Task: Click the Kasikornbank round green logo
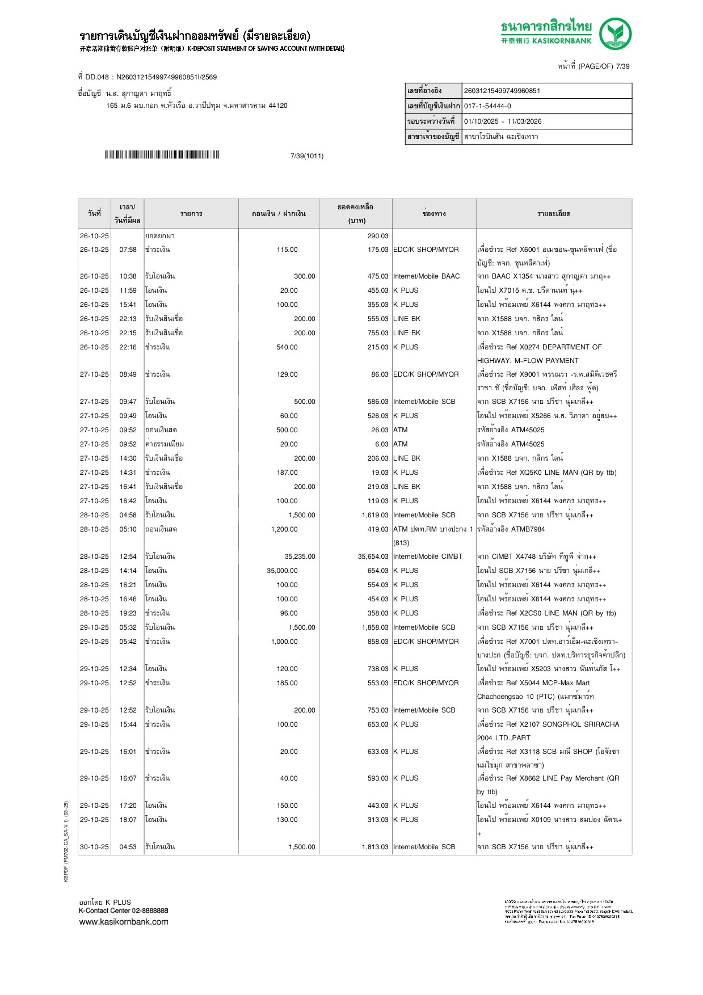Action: (x=615, y=33)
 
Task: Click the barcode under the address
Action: (x=162, y=155)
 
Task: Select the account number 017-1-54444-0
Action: (x=487, y=106)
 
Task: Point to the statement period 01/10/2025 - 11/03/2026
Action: (x=502, y=121)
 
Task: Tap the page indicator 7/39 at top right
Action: (x=622, y=66)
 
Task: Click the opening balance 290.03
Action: (x=377, y=236)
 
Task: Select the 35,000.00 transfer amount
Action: (x=282, y=571)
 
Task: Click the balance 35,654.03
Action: (x=373, y=556)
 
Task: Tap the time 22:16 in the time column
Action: (x=128, y=347)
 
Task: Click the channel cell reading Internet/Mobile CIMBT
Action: (x=427, y=556)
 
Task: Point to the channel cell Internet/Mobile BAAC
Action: (x=426, y=276)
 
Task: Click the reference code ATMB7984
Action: (x=528, y=529)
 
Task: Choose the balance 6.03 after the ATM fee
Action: (x=381, y=444)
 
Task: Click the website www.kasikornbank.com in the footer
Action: (x=123, y=921)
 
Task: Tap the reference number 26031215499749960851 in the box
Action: (x=502, y=91)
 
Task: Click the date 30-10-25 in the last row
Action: (x=94, y=847)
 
